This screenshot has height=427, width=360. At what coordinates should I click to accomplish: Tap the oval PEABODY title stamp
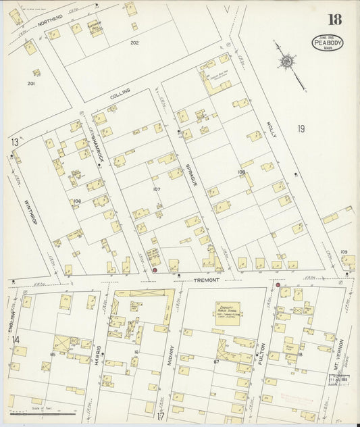tap(327, 43)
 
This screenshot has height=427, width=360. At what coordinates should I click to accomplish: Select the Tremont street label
tap(207, 280)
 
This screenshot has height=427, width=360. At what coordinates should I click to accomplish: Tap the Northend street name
tap(50, 22)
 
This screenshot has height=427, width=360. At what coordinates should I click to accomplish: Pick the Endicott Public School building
tap(226, 311)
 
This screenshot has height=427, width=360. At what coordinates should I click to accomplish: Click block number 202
tap(134, 43)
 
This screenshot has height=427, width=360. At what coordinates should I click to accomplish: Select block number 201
tap(30, 83)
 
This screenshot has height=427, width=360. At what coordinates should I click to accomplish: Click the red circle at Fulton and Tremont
tap(278, 285)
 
